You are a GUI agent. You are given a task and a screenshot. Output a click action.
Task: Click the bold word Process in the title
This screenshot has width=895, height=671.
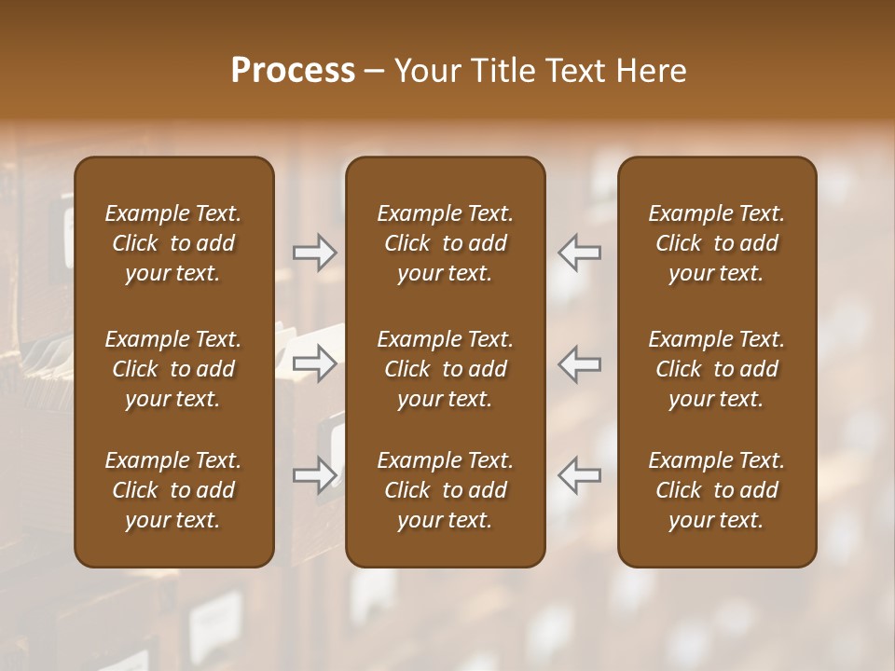click(293, 71)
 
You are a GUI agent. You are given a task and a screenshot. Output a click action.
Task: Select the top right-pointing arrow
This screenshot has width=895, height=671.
click(314, 253)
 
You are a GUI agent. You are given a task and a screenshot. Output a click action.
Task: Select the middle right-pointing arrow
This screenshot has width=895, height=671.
click(314, 363)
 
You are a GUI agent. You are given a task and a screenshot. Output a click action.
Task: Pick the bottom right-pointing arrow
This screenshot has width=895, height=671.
click(314, 475)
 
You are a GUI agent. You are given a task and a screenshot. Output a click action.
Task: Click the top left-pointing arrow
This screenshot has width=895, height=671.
click(579, 253)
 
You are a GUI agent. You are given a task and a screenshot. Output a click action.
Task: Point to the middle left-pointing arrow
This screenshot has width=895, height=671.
click(579, 363)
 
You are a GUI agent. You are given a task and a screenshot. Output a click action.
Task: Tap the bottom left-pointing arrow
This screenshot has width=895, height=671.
click(579, 475)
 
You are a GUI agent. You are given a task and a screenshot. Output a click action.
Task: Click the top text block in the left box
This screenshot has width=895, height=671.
click(173, 243)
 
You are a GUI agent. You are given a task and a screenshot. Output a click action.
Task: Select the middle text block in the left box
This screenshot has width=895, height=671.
click(173, 369)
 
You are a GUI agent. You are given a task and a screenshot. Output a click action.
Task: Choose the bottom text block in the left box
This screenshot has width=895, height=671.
click(173, 490)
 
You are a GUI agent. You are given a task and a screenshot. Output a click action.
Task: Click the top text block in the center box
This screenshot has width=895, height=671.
click(445, 243)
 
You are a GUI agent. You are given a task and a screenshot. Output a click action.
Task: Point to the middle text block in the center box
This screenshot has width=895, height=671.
click(445, 369)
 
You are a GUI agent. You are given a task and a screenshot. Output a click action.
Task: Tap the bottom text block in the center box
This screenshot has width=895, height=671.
click(445, 490)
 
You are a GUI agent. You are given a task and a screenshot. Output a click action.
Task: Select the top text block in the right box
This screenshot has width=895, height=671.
click(716, 243)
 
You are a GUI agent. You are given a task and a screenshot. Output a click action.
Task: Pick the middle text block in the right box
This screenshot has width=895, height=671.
click(716, 369)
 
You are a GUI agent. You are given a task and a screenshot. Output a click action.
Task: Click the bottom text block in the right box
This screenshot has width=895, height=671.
click(716, 490)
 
